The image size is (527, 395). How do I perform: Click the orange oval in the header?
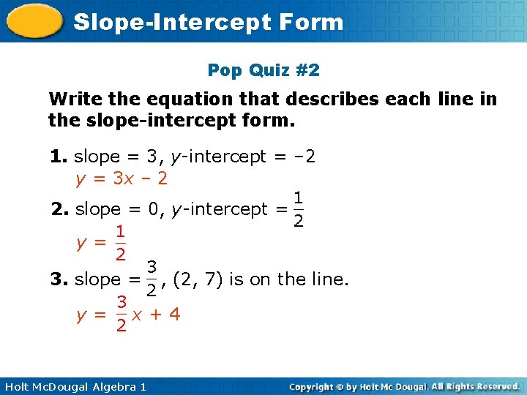[x=34, y=21]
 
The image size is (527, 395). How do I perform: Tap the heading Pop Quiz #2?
[x=263, y=70]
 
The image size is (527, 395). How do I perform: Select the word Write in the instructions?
[x=73, y=99]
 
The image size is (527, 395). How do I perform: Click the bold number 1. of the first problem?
[x=59, y=156]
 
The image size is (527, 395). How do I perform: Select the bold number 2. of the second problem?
[x=61, y=209]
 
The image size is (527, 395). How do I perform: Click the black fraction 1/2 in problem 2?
[x=299, y=209]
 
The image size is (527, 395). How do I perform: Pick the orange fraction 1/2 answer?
[x=121, y=243]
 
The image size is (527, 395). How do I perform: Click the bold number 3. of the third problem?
[x=60, y=279]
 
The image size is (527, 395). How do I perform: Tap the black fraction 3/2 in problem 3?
[x=152, y=279]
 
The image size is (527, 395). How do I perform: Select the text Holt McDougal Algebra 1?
[x=74, y=386]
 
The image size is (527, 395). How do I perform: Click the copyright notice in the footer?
[x=404, y=386]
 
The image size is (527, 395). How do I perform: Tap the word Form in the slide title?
[x=312, y=22]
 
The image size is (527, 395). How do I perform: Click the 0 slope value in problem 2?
[x=154, y=209]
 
